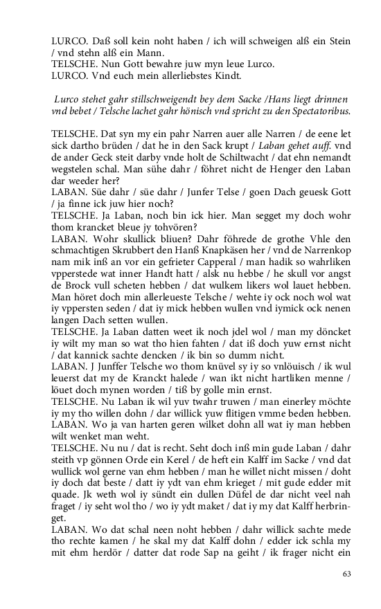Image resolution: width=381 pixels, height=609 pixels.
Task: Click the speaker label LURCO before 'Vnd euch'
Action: (x=71, y=75)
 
